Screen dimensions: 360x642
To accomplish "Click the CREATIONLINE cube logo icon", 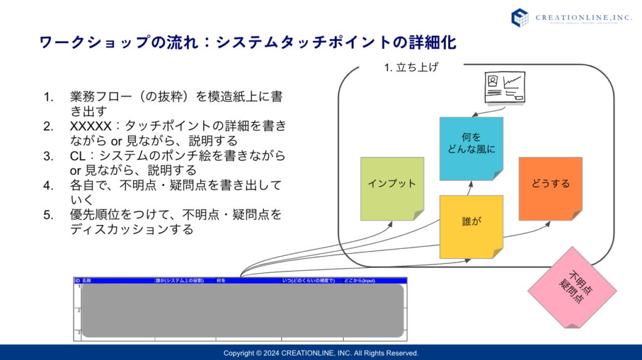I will point(520,17).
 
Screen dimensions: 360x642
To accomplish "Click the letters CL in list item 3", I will point(78,156).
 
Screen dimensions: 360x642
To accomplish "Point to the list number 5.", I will point(48,215).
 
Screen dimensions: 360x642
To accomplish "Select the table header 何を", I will point(221,280).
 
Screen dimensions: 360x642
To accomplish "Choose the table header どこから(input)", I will point(359,280).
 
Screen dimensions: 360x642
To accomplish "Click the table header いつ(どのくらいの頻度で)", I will point(308,280).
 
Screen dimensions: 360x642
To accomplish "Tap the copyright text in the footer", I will point(321,352).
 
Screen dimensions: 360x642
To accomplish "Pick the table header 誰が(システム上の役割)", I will point(181,280).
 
